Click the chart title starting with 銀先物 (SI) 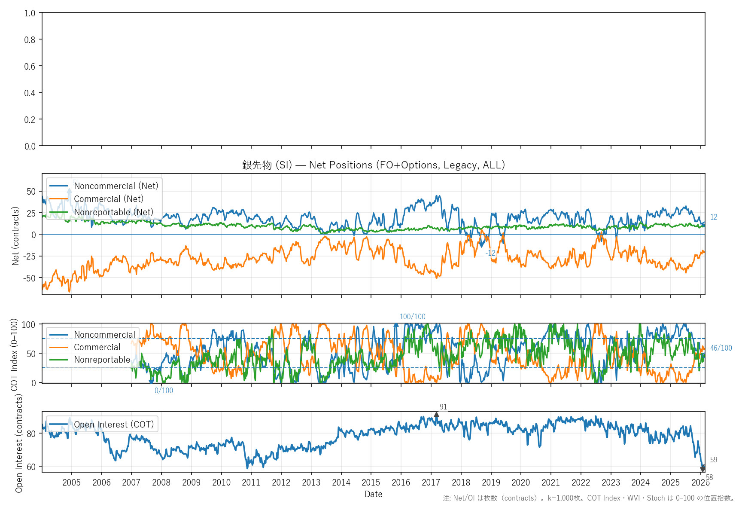[373, 165]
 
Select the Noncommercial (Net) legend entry [116, 186]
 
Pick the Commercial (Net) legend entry [109, 199]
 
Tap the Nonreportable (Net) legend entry [113, 212]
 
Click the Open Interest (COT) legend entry [114, 425]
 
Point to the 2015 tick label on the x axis [371, 483]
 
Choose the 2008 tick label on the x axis [161, 483]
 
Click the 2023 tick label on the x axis [611, 483]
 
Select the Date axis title [373, 494]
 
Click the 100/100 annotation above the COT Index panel [412, 317]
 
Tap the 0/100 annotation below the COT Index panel [164, 391]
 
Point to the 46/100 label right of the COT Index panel [721, 348]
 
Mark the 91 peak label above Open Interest [443, 407]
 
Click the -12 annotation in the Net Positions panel [490, 253]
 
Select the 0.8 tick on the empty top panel [30, 40]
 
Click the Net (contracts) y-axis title [15, 236]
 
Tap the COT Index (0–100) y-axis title [14, 354]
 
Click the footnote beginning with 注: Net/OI [589, 498]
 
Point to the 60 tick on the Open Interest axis [31, 467]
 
